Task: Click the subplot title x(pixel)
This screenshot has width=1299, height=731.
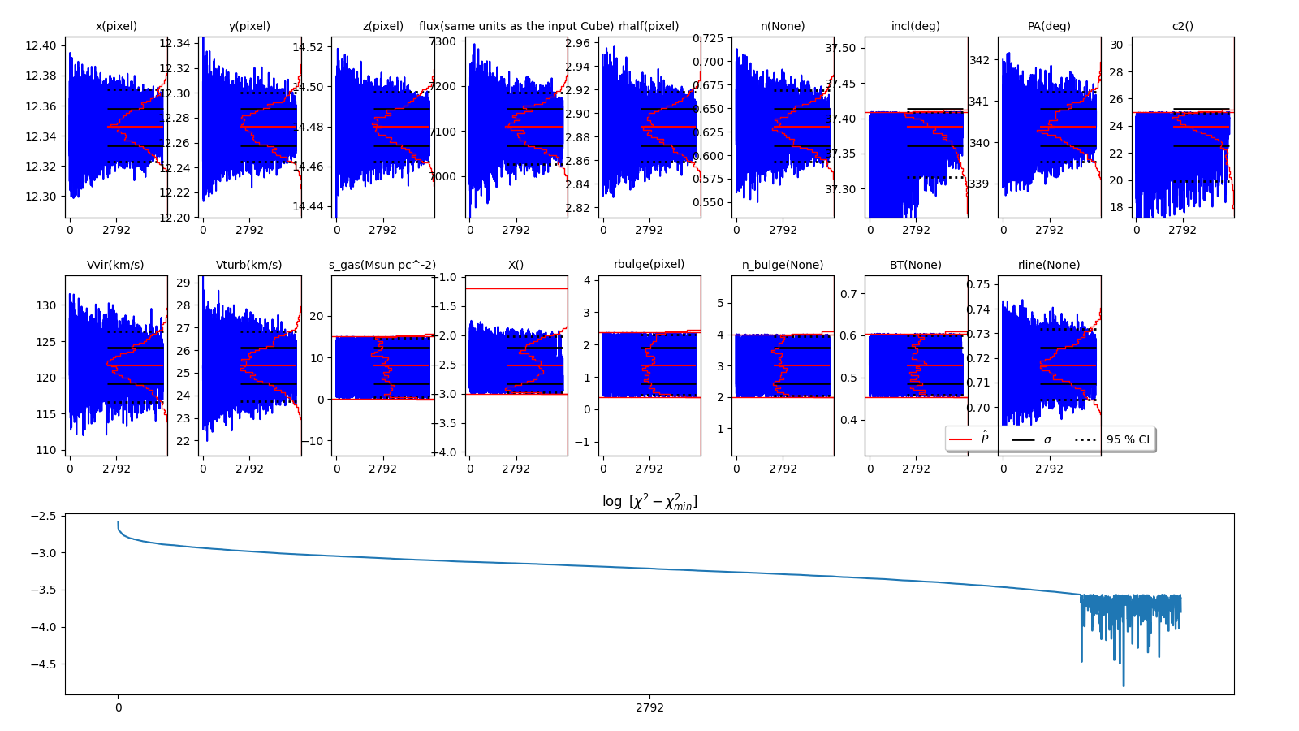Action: (116, 26)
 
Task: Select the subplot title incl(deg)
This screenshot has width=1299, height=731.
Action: (915, 26)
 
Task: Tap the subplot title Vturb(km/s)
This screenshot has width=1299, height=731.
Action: (249, 265)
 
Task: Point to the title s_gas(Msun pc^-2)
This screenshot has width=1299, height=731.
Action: (382, 265)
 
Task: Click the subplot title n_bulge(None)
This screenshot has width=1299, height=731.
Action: (782, 265)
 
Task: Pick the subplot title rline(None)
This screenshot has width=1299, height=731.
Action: (1049, 265)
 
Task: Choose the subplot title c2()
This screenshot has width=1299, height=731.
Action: (1182, 26)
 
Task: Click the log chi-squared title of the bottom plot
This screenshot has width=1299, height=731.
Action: (649, 501)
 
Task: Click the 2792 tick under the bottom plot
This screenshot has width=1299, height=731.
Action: (649, 707)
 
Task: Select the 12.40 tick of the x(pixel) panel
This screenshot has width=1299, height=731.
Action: (41, 45)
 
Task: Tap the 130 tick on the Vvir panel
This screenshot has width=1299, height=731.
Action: (46, 305)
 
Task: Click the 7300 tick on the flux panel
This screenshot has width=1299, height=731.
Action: (443, 41)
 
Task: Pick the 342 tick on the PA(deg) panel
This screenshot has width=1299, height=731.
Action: (979, 60)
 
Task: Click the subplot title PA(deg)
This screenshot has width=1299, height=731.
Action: (1049, 26)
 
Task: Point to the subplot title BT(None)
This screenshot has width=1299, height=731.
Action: (915, 265)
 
